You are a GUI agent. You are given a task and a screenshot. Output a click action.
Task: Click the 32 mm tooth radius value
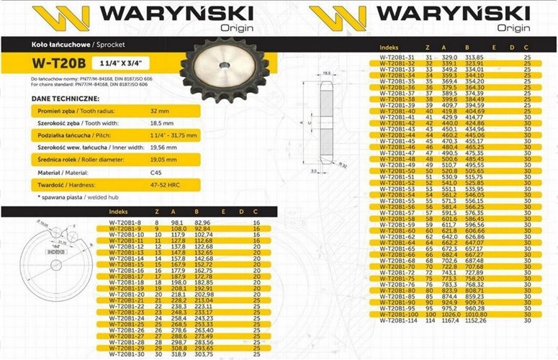tap(160, 112)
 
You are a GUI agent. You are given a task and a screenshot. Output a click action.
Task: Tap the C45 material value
tap(156, 173)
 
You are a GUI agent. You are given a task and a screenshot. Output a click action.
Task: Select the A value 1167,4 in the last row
tap(450, 320)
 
